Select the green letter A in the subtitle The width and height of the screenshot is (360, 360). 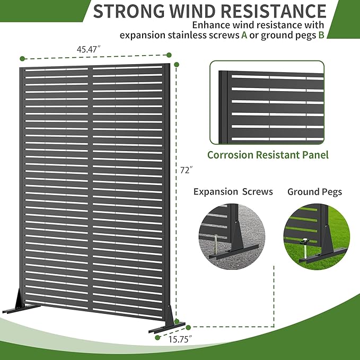click(x=244, y=35)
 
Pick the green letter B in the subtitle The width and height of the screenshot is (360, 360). click(x=321, y=35)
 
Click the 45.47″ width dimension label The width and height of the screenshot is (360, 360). click(x=89, y=49)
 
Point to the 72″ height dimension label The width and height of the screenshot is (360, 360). click(x=186, y=170)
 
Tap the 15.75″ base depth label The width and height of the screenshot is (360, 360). click(x=180, y=339)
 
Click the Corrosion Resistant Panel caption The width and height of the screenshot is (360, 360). click(x=268, y=155)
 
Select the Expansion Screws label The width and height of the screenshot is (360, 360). click(x=233, y=191)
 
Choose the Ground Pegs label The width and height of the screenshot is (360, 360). click(x=314, y=192)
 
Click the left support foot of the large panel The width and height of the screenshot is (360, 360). click(x=21, y=303)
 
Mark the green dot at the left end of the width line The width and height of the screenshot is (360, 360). click(x=22, y=58)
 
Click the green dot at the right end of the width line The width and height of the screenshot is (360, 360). click(x=169, y=55)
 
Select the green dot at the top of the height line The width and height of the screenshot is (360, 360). click(x=177, y=65)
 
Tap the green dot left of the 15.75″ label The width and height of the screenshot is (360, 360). click(x=157, y=338)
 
